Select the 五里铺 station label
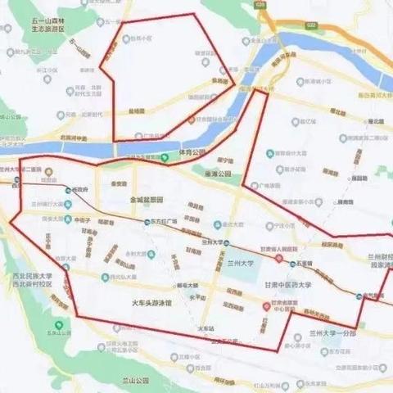[x=307, y=264]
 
